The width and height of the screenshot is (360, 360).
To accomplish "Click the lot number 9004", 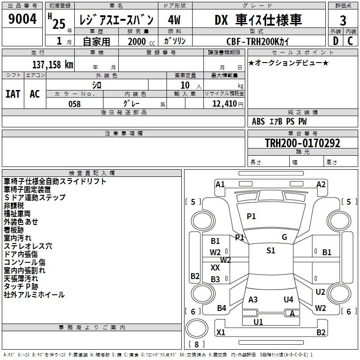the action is click(22, 19).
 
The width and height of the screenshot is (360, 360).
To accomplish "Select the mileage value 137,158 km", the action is click(53, 64).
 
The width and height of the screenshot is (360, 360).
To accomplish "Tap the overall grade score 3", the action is click(343, 20).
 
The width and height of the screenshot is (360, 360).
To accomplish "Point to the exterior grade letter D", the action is click(336, 41).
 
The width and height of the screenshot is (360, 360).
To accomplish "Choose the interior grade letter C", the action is click(350, 41).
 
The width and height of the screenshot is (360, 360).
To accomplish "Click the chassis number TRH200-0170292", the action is click(302, 143).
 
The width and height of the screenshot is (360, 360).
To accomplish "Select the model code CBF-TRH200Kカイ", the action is click(257, 41).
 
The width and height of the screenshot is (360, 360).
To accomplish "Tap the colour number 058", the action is click(75, 104).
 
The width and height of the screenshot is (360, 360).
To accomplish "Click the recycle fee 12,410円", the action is click(228, 104).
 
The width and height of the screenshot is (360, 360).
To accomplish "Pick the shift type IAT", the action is click(13, 94).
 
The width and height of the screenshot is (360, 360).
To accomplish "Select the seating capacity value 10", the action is click(185, 85).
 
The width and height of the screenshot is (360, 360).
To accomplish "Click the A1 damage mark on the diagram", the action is click(220, 184).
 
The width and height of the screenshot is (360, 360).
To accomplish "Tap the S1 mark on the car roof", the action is click(271, 251).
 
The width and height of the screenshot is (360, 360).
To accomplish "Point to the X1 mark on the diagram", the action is click(220, 332).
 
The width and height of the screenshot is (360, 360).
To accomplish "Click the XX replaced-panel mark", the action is click(215, 267).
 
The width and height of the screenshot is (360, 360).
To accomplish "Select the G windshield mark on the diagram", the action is click(284, 237).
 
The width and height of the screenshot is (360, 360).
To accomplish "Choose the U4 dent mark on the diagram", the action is click(288, 300).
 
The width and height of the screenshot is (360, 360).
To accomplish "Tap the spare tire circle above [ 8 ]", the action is click(197, 328).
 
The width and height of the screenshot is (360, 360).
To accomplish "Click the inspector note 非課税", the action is click(14, 206).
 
